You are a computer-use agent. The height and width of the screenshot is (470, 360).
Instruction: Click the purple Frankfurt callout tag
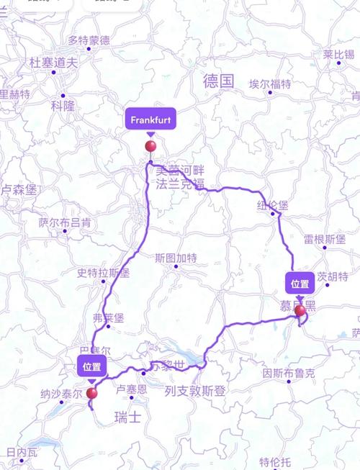(x=150, y=120)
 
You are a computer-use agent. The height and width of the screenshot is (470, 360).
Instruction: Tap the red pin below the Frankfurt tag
(x=150, y=147)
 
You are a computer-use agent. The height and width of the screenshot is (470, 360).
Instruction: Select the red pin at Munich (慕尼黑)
(x=300, y=310)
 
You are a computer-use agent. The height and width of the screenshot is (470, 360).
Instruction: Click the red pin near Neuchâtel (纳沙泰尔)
(x=91, y=393)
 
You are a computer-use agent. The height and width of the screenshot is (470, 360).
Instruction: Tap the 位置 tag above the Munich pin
(x=300, y=283)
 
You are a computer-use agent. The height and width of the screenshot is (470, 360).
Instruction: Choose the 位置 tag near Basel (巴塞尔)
(x=92, y=366)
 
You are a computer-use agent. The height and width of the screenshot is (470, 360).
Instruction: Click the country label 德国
(x=219, y=81)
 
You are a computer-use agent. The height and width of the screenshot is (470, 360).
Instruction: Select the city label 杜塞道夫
(x=53, y=63)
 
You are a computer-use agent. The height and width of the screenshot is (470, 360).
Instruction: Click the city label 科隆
(x=63, y=105)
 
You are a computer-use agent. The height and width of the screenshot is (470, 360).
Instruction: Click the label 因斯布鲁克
(x=288, y=374)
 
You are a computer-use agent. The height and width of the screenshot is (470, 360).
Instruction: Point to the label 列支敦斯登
(x=194, y=391)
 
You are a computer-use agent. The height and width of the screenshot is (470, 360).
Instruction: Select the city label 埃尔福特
(x=270, y=83)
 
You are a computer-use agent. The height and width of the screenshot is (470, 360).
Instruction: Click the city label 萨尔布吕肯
(x=65, y=222)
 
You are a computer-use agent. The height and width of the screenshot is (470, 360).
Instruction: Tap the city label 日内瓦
(x=21, y=452)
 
